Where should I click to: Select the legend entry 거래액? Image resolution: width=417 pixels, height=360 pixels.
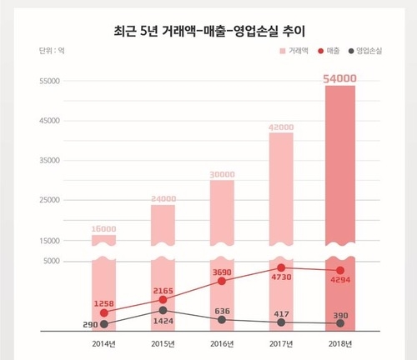tap(293, 52)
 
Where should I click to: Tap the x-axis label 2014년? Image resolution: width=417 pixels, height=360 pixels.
tap(103, 344)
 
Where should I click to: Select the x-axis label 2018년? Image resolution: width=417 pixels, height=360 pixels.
tap(340, 344)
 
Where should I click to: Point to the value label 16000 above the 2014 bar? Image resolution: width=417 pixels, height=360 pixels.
tap(103, 228)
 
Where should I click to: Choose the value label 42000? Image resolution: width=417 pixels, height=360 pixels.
tap(281, 127)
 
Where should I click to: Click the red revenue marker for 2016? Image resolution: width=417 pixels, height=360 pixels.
tap(222, 282)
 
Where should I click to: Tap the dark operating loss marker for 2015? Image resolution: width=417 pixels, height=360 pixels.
tap(163, 310)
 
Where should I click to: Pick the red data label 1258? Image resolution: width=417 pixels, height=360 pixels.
tap(103, 301)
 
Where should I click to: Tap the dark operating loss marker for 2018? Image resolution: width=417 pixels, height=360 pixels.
tap(340, 323)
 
